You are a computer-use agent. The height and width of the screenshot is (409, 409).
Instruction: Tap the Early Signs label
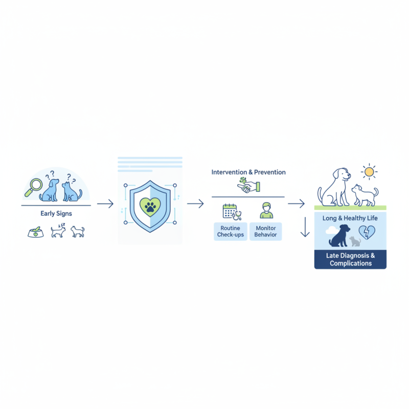pos(56,214)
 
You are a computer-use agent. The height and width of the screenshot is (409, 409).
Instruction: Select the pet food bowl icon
pos(36,232)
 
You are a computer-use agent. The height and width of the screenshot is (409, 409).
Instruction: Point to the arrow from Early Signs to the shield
pos(105,203)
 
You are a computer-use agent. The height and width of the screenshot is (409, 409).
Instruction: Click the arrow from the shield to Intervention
pos(195,203)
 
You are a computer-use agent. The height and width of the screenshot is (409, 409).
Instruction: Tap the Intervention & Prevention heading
pos(248,172)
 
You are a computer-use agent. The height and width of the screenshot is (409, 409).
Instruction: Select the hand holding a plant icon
pos(248,185)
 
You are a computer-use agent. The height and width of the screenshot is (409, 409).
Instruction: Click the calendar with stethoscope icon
pos(232,212)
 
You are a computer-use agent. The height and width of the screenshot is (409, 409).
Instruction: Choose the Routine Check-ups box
pos(231,232)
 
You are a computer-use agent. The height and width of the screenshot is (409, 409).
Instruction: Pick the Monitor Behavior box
pos(265,232)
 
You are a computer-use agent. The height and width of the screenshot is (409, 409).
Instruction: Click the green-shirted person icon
pos(266,210)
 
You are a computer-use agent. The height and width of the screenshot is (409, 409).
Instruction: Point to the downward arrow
pos(305,227)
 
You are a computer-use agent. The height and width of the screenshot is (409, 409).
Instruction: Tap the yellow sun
pos(369,172)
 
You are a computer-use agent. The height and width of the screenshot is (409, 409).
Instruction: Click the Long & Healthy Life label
pos(350,218)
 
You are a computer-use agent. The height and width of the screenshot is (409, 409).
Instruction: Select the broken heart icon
pos(367,232)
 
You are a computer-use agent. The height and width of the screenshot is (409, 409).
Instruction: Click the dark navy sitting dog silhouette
pos(339,236)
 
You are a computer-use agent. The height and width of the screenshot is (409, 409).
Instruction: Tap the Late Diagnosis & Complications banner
pos(350,260)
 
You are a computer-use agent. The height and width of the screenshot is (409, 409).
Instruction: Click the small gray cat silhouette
pos(355,241)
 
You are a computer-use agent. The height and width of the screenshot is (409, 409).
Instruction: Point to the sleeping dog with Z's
pos(58,231)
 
